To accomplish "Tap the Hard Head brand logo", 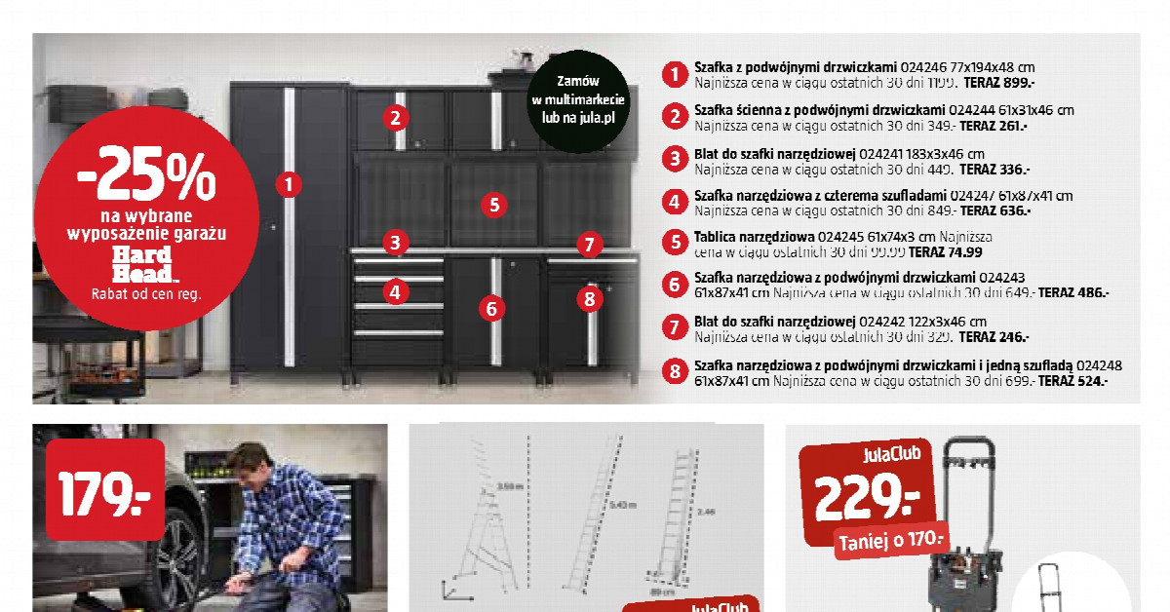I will coord(142,264).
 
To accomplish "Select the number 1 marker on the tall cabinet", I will coord(288,182).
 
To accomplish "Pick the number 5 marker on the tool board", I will coord(493,205).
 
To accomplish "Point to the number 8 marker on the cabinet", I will coord(588,298).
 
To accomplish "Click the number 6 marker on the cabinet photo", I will coord(491,309).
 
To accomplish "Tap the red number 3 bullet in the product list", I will coord(674,158).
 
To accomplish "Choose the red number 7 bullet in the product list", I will coord(674,326).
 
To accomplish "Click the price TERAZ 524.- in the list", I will coord(1073,382).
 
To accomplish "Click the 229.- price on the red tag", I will coord(867,500).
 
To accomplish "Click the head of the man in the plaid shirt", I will coord(253,462).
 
